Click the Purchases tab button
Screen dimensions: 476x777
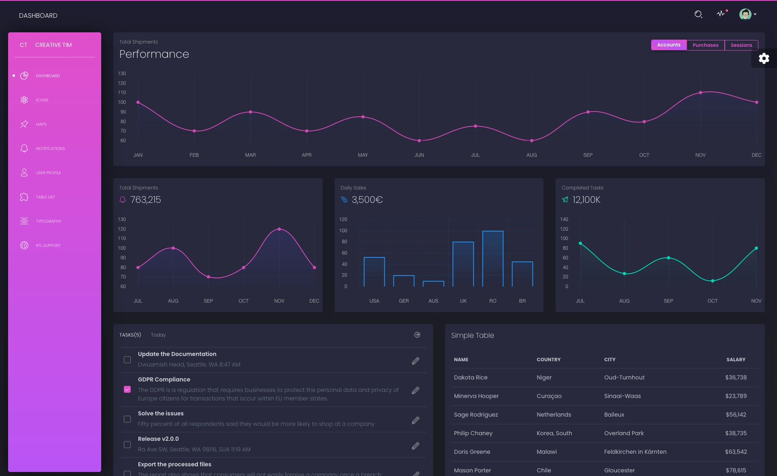coord(705,45)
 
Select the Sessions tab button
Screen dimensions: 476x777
coord(741,45)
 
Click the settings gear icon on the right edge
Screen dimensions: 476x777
coord(764,59)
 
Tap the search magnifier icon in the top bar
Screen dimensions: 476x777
coord(698,15)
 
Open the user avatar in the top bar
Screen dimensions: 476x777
coord(745,15)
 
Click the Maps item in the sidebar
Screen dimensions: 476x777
coord(41,124)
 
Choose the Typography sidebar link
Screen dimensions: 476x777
coord(48,221)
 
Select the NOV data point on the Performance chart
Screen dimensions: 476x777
coord(700,93)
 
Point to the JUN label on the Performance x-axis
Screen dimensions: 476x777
coord(419,155)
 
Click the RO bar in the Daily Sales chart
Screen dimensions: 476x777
coord(493,259)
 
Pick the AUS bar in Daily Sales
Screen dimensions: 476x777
coord(433,284)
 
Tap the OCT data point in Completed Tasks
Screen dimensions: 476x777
coord(712,281)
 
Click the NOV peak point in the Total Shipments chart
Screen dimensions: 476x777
coord(279,229)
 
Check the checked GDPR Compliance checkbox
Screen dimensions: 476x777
coord(127,390)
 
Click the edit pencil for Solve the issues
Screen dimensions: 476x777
coord(415,420)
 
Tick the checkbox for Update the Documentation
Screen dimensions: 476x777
coord(127,360)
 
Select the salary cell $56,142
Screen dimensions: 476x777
coord(735,415)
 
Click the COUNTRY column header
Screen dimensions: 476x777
coord(548,360)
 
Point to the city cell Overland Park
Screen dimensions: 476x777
coord(624,433)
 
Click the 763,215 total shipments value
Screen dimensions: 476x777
coord(145,200)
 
